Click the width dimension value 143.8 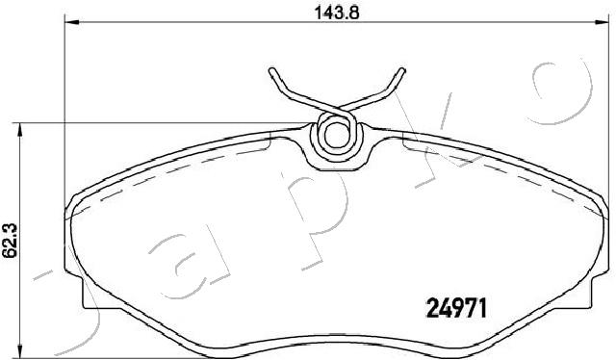click(337, 13)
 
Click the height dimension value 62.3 click(10, 240)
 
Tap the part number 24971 click(456, 308)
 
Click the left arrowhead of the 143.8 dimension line click(72, 22)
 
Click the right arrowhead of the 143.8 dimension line click(601, 22)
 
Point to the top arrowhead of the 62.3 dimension click(20, 131)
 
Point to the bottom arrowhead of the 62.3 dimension click(20, 350)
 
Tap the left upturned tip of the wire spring click(271, 71)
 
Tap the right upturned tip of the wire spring click(401, 71)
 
